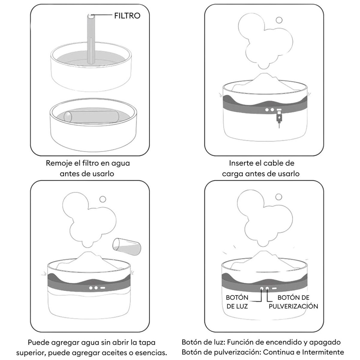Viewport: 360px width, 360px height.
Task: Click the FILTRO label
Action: click(127, 16)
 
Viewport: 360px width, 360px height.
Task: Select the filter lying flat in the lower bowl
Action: click(91, 117)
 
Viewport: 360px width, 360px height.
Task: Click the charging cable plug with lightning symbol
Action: click(279, 117)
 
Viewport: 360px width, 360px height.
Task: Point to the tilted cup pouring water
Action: click(127, 247)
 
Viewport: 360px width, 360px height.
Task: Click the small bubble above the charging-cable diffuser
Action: click(279, 20)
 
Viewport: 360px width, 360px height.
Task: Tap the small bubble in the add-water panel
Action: click(103, 199)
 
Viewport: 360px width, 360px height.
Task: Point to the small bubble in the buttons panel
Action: click(279, 197)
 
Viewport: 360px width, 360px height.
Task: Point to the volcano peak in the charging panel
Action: click(264, 75)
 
